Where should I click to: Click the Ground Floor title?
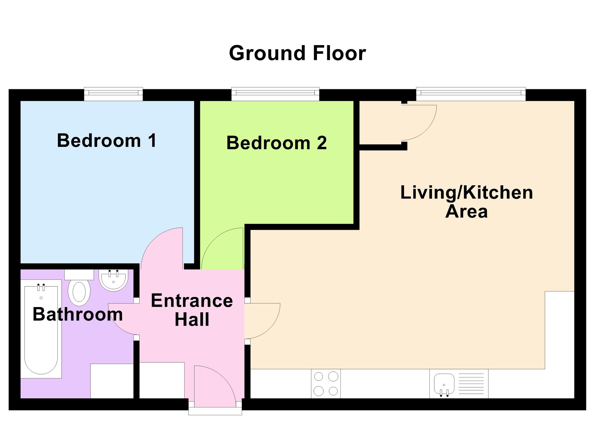click(297, 53)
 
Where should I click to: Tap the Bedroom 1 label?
click(107, 140)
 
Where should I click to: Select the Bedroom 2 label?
click(277, 143)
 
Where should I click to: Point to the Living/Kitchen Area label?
click(467, 202)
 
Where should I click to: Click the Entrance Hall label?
click(192, 310)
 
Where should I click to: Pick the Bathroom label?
click(78, 314)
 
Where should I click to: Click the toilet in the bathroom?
click(79, 288)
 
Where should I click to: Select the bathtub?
click(41, 329)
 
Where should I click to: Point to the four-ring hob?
click(326, 384)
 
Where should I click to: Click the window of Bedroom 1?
click(113, 94)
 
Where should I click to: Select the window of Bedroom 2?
click(275, 94)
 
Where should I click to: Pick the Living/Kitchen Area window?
click(471, 94)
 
